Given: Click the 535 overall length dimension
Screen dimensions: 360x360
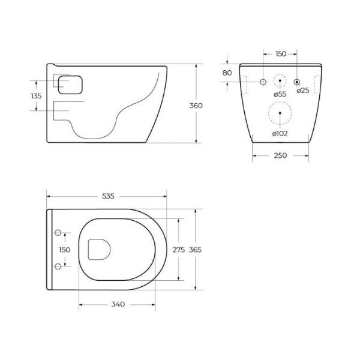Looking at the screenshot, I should (x=108, y=196).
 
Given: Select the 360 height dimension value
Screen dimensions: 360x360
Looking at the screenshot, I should (x=196, y=106).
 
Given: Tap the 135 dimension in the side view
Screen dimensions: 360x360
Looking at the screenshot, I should (x=36, y=95).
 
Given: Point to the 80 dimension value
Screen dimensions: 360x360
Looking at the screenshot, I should (x=227, y=73).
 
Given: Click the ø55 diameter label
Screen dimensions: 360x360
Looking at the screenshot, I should (x=280, y=94).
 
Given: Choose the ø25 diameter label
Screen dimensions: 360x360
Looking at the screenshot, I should (x=304, y=91).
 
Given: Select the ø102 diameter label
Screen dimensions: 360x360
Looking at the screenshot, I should (x=280, y=133).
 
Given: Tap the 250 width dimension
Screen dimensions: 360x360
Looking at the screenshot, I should (x=280, y=155).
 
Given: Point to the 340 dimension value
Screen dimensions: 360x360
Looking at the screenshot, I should (x=118, y=304).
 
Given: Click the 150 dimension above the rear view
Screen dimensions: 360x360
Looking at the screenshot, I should (x=280, y=54).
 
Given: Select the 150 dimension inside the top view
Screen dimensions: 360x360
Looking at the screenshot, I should (x=64, y=250).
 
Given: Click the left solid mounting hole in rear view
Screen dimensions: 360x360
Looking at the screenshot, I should (x=263, y=81).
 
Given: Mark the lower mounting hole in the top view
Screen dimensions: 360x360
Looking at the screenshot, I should (x=58, y=266).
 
